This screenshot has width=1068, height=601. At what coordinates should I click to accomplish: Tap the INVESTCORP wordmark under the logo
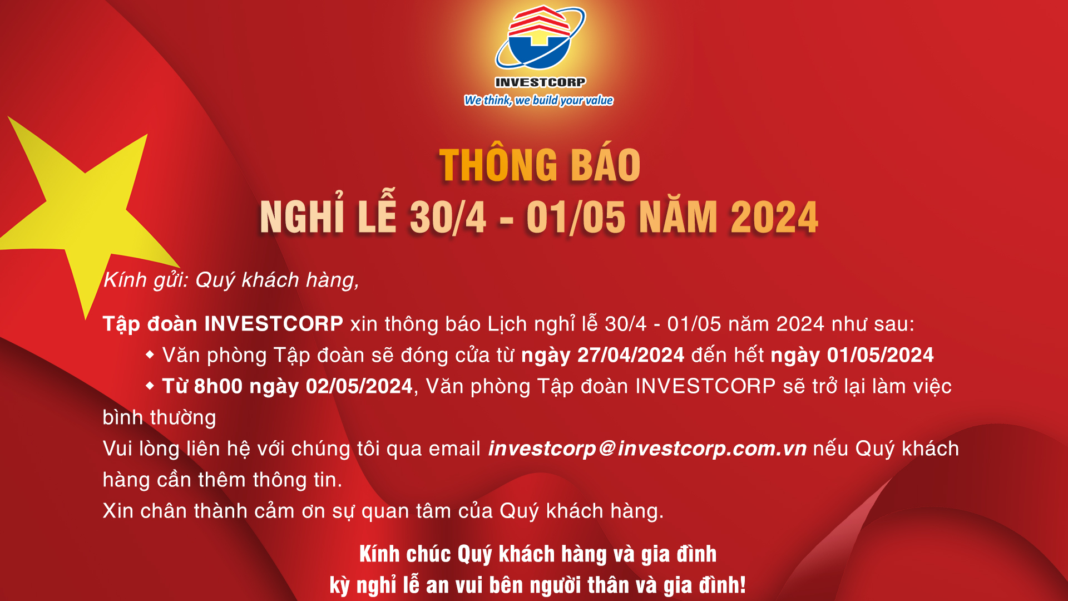[x=540, y=82]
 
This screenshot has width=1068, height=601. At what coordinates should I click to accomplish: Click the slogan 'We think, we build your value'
[x=538, y=100]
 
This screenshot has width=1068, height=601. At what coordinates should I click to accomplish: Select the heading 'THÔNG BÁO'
[x=540, y=165]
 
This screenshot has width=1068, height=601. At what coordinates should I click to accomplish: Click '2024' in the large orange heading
[x=774, y=216]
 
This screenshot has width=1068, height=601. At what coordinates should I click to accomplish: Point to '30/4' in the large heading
[x=448, y=216]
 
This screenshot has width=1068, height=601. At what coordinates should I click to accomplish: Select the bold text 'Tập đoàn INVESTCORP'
[x=223, y=324]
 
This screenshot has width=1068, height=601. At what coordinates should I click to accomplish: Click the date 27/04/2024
[x=631, y=355]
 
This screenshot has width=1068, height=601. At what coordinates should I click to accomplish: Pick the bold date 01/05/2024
[x=881, y=355]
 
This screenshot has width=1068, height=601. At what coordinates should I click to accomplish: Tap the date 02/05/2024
[x=359, y=386]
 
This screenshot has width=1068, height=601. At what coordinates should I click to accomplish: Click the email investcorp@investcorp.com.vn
[x=647, y=449]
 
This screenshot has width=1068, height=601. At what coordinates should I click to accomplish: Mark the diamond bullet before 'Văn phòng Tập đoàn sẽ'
[x=150, y=354]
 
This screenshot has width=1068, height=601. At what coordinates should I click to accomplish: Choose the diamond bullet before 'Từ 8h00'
[x=150, y=386]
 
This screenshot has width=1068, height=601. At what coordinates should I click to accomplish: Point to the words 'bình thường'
[x=160, y=418]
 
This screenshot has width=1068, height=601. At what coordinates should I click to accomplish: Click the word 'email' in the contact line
[x=454, y=449]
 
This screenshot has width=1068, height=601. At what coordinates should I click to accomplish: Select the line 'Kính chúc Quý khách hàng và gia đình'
[x=538, y=554]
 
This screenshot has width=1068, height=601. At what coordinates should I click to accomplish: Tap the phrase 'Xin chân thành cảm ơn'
[x=214, y=511]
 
